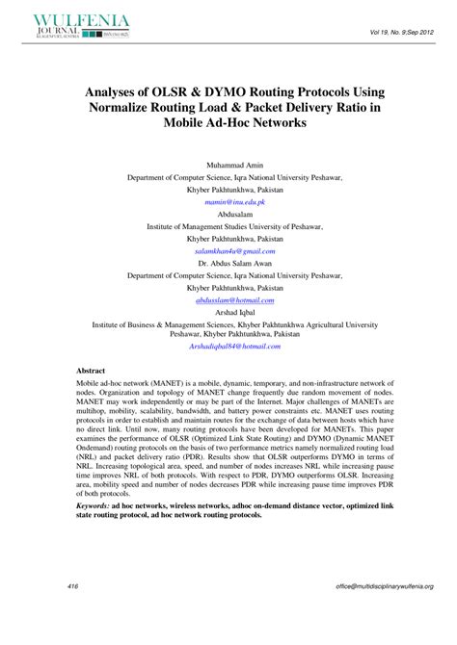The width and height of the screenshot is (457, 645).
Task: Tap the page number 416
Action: pyautogui.click(x=73, y=586)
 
